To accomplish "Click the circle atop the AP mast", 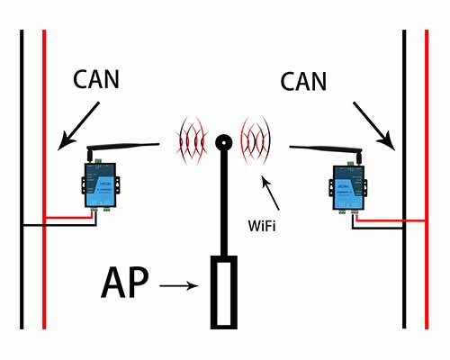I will pyautogui.click(x=223, y=142).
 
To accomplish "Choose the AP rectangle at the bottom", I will pyautogui.click(x=222, y=292).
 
